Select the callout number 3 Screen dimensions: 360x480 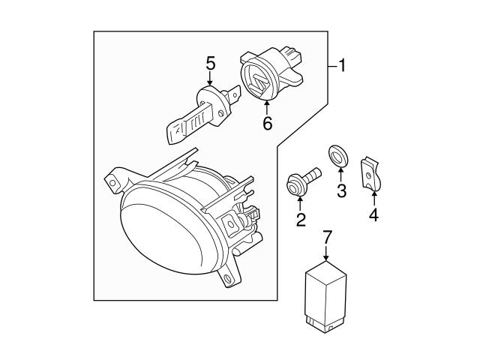pyautogui.click(x=341, y=191)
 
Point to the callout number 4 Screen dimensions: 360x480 pyautogui.click(x=373, y=216)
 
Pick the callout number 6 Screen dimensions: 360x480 pyautogui.click(x=267, y=124)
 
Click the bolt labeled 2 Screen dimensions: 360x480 pyautogui.click(x=301, y=181)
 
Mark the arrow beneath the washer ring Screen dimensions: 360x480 pyautogui.click(x=340, y=175)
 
